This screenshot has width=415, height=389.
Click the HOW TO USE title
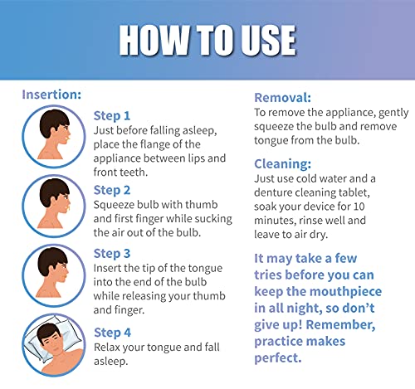point(207,39)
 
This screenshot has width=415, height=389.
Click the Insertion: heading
point(51,95)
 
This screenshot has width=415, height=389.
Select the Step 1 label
point(112,115)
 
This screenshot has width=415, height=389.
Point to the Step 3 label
point(112,253)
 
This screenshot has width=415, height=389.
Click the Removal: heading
point(285,96)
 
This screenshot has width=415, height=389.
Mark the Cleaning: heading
point(285,163)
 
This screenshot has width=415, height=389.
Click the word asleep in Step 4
point(114,361)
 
